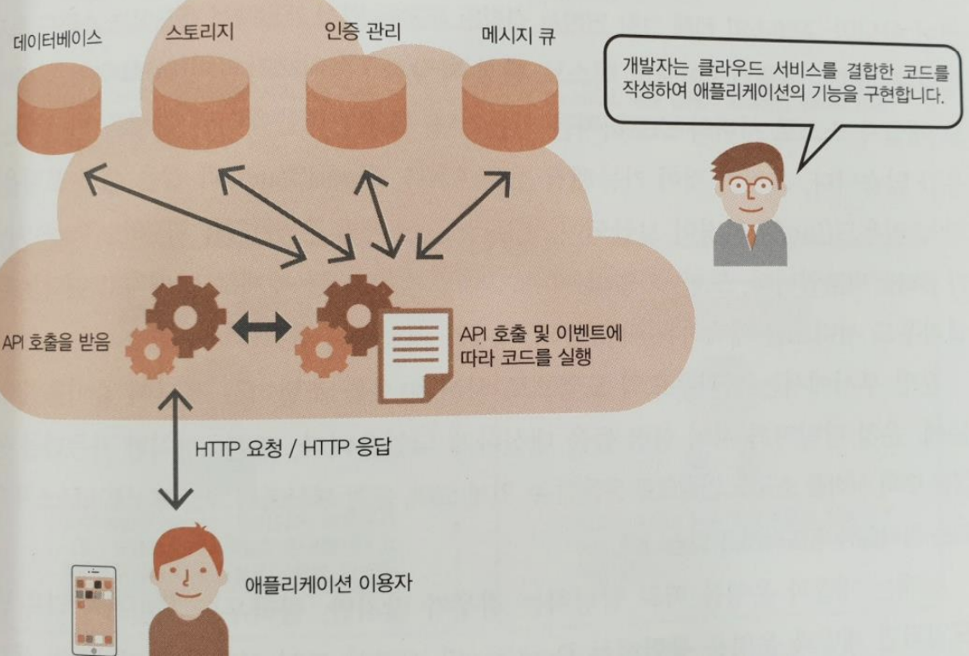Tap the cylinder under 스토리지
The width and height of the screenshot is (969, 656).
(201, 105)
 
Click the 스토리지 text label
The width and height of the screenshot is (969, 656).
(200, 32)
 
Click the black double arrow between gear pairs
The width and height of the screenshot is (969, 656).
(262, 325)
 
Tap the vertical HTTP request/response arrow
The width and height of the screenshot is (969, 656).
(175, 449)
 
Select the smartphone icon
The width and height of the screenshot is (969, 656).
(94, 610)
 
